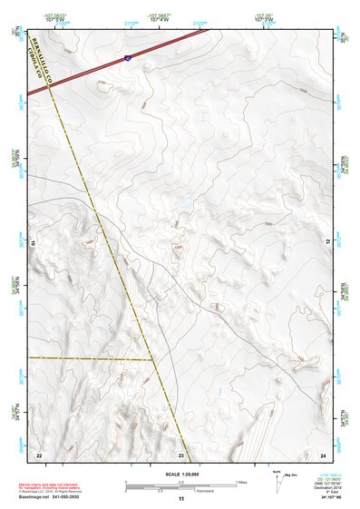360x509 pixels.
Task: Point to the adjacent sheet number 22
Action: [x=39, y=455]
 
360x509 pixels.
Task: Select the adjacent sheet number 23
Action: [x=181, y=455]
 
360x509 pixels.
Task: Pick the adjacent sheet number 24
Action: [x=324, y=455]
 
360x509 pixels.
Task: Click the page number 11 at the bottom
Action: [x=181, y=499]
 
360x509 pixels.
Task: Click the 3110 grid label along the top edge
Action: [x=131, y=24]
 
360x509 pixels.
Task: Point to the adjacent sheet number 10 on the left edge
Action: [x=34, y=243]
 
